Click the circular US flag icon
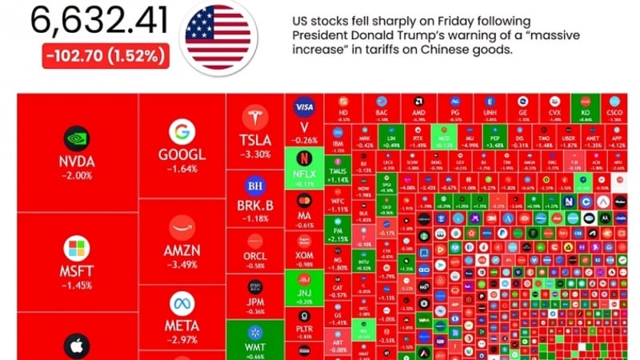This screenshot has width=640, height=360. click(x=218, y=36)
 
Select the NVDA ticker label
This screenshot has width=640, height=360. click(x=78, y=162)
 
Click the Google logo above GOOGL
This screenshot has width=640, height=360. click(x=182, y=132)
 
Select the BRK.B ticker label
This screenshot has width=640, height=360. click(x=255, y=205)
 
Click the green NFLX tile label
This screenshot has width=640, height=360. click(x=304, y=173)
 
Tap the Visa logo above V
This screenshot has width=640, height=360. click(x=304, y=108)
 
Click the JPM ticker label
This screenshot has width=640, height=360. click(x=255, y=301)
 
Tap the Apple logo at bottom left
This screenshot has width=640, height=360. click(x=78, y=346)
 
